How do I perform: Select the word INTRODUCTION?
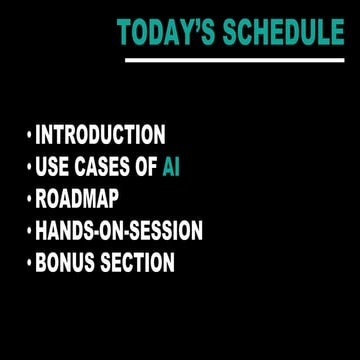coord(101,134)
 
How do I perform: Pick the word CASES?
coord(102,167)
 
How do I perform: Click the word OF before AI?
coord(146,167)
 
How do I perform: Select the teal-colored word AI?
coord(171,167)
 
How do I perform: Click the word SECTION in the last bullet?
coord(139,263)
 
